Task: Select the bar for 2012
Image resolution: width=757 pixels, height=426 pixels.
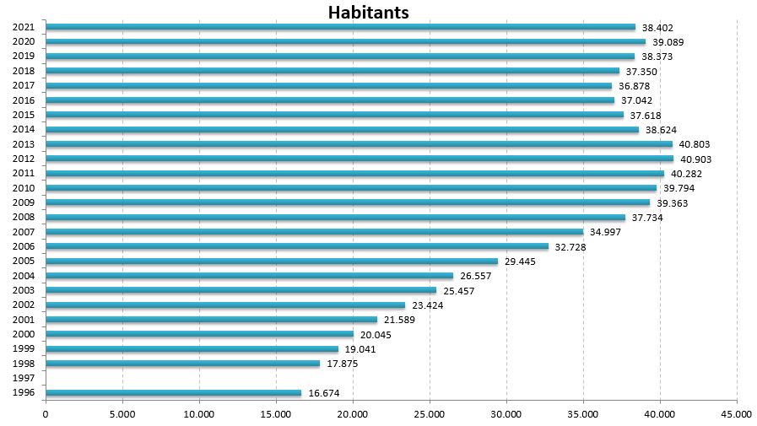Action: coord(359,159)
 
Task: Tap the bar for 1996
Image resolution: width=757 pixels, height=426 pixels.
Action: coord(173,393)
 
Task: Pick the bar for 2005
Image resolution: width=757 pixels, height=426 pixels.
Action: coord(271,262)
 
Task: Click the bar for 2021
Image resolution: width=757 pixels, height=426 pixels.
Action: coord(339,27)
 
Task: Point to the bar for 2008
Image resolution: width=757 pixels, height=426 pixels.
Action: coord(335,218)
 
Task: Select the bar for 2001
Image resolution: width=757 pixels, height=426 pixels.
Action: coord(211,320)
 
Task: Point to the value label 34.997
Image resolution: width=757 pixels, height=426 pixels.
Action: coord(606,233)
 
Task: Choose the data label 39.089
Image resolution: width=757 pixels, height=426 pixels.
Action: coord(668,42)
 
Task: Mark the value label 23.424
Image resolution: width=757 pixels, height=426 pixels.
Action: coord(428,305)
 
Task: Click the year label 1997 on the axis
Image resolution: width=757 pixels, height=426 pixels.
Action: coord(24,379)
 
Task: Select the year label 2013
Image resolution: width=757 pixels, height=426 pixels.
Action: coord(24,144)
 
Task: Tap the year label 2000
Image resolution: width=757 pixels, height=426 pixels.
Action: coord(24,335)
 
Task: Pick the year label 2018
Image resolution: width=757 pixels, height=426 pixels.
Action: coord(24,71)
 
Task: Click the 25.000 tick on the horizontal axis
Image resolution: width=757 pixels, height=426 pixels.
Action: coord(429,414)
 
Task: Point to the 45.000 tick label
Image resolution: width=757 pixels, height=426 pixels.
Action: coord(736,414)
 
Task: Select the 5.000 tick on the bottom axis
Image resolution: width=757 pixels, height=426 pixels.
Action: coord(122,414)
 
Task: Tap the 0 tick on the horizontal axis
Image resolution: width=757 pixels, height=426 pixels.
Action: coord(46,414)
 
